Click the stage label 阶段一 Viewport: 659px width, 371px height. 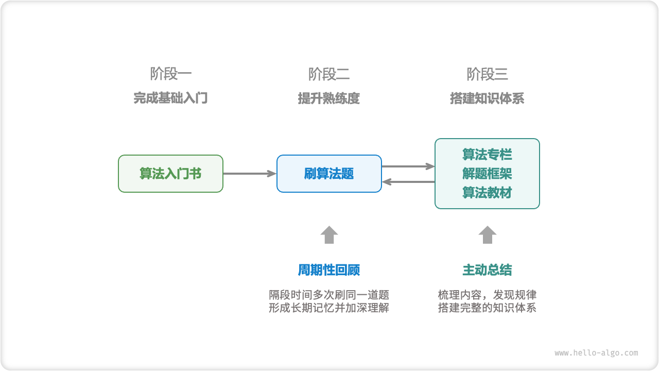pos(171,74)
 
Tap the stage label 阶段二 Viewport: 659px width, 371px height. pos(329,74)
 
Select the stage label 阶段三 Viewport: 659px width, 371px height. pos(487,74)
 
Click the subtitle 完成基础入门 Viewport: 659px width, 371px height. pos(171,98)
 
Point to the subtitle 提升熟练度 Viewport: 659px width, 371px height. pos(329,98)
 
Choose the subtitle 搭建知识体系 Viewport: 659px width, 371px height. pos(487,98)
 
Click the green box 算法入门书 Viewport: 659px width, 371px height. pos(171,174)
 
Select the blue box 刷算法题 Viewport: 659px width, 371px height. pos(329,174)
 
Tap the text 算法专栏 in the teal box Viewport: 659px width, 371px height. pos(487,155)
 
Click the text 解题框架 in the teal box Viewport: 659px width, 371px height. pos(487,174)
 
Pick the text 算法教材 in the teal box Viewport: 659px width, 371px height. pos(487,193)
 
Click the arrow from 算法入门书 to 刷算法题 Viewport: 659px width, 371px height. pos(250,174)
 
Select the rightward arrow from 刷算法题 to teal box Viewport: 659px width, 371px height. pos(408,166)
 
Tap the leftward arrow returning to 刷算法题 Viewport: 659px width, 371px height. pos(408,181)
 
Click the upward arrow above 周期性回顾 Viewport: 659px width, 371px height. pos(329,235)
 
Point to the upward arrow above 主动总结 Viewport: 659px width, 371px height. pos(487,235)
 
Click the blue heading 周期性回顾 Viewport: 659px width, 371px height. pos(329,270)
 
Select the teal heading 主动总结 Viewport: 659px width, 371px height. pos(487,270)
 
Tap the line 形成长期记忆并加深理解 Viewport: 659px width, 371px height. pos(329,308)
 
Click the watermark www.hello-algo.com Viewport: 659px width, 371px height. pos(596,353)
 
